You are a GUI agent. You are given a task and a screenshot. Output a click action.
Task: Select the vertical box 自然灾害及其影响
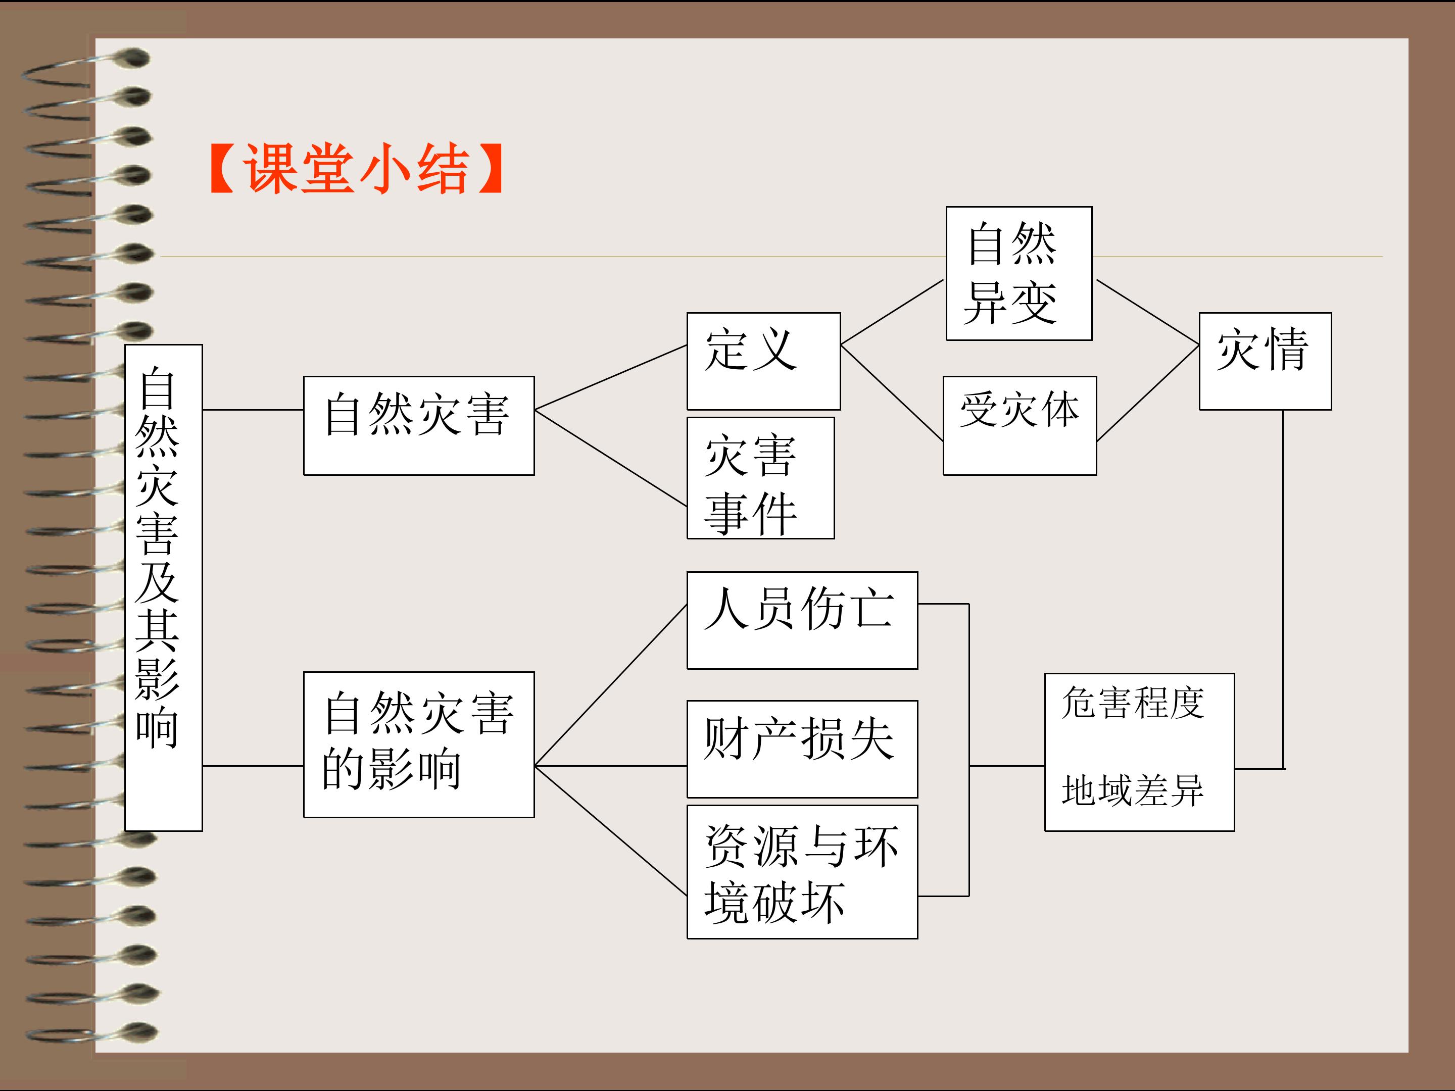pos(164,587)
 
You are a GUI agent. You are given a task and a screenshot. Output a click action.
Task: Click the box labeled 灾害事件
pos(760,478)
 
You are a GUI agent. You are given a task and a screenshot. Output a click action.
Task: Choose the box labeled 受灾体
pos(1020,425)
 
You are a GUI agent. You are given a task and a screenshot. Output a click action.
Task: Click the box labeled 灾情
pos(1265,361)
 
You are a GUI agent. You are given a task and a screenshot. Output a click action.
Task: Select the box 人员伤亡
pos(802,620)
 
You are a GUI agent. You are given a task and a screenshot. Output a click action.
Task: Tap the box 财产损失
pos(802,749)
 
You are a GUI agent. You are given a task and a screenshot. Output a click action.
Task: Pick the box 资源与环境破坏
pos(802,872)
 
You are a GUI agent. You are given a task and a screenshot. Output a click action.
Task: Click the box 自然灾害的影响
pos(419,745)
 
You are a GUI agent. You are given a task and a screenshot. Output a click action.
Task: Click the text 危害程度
pos(1132,703)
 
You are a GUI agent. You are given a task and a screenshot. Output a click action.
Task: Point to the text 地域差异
pos(1132,790)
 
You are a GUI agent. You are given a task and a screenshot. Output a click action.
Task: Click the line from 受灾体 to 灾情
pos(1148,392)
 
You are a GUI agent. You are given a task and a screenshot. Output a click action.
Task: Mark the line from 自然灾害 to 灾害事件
pos(611,458)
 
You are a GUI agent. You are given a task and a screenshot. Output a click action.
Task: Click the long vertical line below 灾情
pos(1283,589)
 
